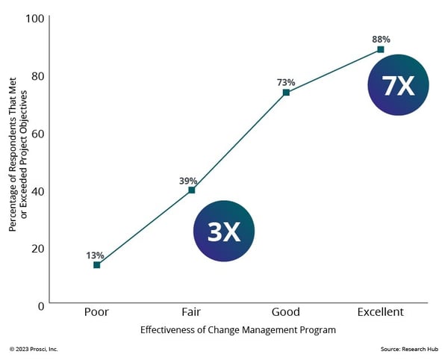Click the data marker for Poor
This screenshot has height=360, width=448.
click(x=96, y=265)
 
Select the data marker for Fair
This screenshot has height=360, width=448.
click(x=191, y=190)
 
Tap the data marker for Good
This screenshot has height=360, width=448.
click(x=286, y=93)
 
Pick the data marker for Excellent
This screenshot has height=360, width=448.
click(x=380, y=49)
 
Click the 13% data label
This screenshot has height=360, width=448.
click(x=95, y=255)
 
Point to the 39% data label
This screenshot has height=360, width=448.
click(x=188, y=180)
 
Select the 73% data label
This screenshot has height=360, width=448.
click(x=286, y=82)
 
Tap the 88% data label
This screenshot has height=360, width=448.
click(x=381, y=39)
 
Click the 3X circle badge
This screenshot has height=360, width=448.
click(x=224, y=232)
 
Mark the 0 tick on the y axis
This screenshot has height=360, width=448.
click(x=42, y=305)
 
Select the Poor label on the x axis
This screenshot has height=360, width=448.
click(x=96, y=312)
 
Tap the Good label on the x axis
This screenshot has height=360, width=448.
click(x=286, y=312)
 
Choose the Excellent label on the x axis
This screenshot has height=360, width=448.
click(x=380, y=312)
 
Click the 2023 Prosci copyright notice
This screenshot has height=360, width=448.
click(x=34, y=349)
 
